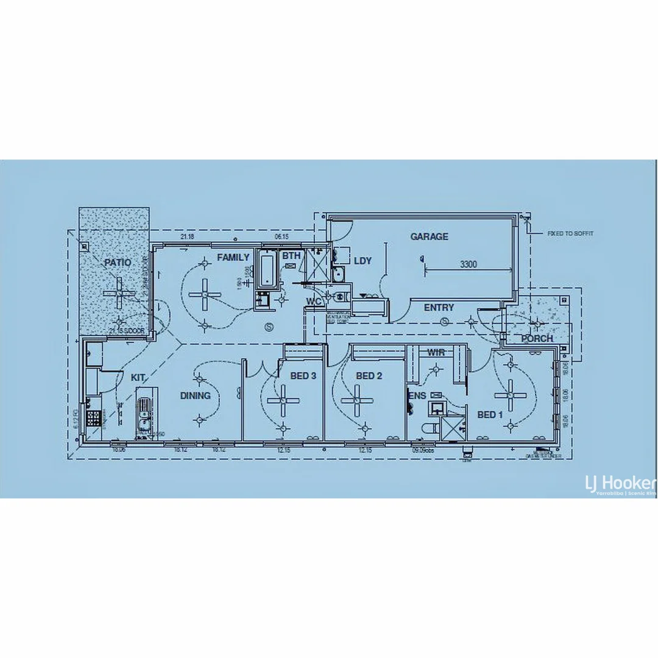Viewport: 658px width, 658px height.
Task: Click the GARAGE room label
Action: [x=429, y=236]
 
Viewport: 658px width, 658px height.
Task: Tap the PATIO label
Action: [x=118, y=263]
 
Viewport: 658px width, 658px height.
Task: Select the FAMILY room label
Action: [x=233, y=258]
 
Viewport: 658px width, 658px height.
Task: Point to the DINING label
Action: [x=195, y=395]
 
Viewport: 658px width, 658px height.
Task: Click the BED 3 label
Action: [x=303, y=376]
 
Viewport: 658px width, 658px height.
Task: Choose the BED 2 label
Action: [x=369, y=376]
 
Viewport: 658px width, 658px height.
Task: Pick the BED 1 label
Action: [x=490, y=415]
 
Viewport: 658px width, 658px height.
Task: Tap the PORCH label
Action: [x=537, y=339]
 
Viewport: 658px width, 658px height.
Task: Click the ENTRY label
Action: [x=439, y=308]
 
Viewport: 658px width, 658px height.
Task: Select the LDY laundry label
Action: [x=363, y=261]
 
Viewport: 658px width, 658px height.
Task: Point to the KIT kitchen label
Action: [x=138, y=378]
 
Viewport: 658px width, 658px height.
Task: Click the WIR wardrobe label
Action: [x=436, y=353]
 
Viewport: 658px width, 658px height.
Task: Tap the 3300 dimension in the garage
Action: [x=469, y=264]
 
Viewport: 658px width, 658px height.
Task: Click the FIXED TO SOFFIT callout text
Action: [x=570, y=233]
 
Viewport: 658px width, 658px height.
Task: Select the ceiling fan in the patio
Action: [x=119, y=293]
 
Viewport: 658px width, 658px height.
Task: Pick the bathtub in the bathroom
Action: [x=267, y=269]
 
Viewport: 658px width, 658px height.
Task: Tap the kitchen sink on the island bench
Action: [x=143, y=414]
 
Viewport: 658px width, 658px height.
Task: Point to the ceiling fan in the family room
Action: [x=205, y=294]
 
